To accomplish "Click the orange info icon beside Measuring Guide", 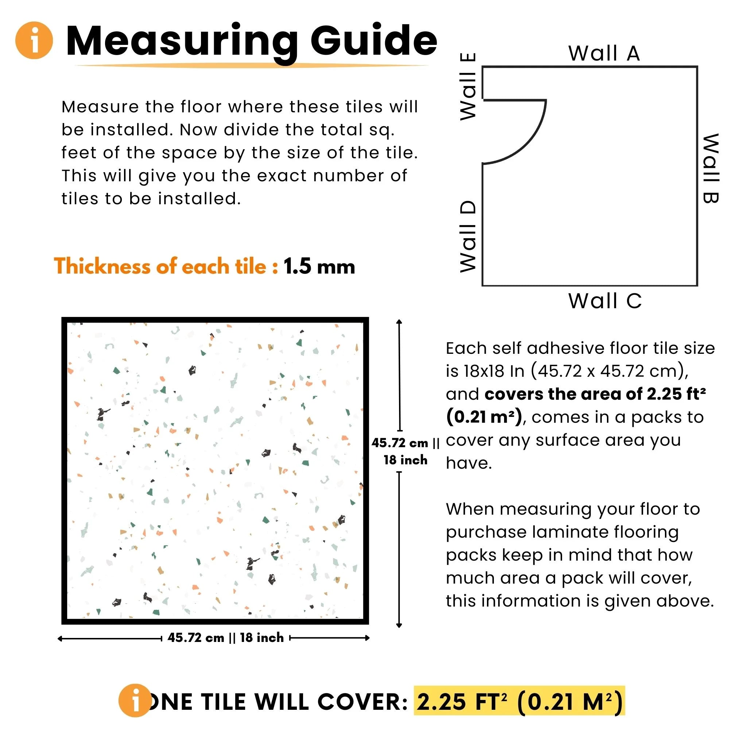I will [34, 40].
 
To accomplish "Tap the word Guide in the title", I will [374, 41].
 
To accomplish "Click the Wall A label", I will [604, 53].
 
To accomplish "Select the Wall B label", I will [710, 169].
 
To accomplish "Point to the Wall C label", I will [605, 301].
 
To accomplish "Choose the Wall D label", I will [468, 237].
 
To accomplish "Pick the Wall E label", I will [468, 86].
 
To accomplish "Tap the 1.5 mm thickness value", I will [319, 266].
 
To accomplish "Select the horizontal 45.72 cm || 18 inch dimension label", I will [226, 638].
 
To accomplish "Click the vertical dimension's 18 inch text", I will [406, 460].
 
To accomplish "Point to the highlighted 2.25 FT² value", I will [462, 702].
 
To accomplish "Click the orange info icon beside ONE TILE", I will [135, 701].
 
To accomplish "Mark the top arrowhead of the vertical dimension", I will [399, 322].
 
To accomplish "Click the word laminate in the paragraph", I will [570, 532].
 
